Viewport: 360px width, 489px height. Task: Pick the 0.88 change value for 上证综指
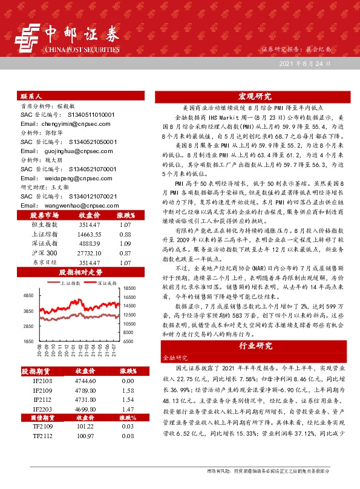[125, 234]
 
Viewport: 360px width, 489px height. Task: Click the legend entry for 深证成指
[107, 283]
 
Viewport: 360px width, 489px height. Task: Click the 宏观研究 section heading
[255, 96]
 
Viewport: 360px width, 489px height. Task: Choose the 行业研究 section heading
[255, 346]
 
